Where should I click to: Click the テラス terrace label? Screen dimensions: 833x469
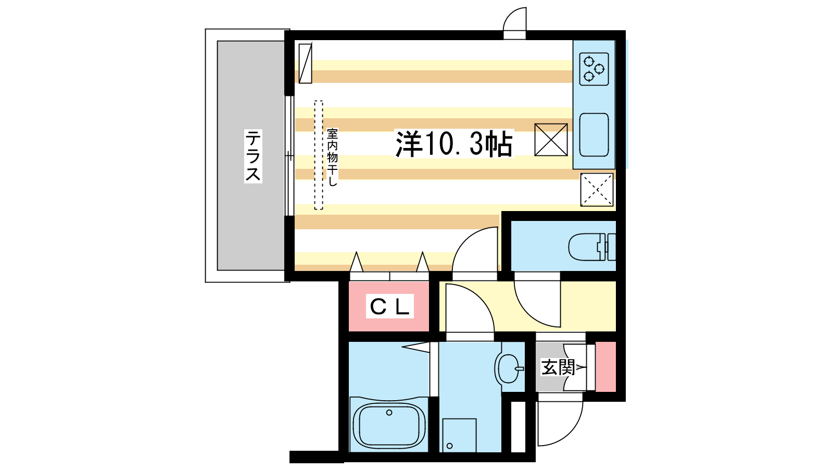[x=253, y=156]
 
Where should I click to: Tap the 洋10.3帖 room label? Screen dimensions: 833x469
[x=454, y=144]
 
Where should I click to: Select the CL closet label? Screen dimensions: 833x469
[x=390, y=306]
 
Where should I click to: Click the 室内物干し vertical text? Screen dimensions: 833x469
[x=332, y=157]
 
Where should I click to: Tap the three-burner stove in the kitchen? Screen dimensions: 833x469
[x=594, y=69]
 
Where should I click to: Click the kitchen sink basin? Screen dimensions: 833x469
[x=594, y=135]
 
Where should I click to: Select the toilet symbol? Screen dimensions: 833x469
[x=592, y=247]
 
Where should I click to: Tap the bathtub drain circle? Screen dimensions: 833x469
[x=389, y=412]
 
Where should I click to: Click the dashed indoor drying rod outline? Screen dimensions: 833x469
[x=318, y=155]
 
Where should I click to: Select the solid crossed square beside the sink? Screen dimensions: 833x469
[x=551, y=140]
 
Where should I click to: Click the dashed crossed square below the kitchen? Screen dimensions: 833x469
[x=597, y=190]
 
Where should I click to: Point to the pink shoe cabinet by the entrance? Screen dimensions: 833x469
[x=606, y=366]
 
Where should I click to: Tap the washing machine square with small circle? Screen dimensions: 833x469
[x=459, y=435]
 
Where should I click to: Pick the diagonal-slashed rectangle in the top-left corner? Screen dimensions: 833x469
[x=305, y=63]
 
